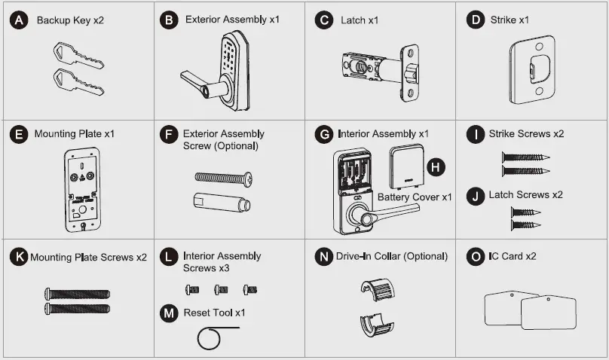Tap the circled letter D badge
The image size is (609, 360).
pos(475,20)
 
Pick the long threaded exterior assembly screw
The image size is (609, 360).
pos(223,178)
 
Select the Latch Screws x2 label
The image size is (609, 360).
pos(525,195)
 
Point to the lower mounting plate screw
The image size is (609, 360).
pos(78,308)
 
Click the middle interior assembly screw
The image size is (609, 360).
pos(220,289)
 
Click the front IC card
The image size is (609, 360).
pos(548,312)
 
